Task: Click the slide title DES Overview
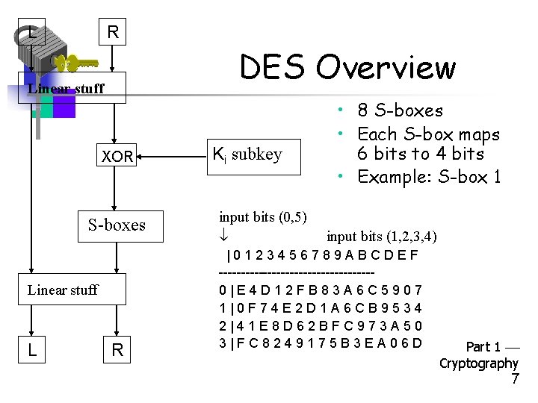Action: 347,67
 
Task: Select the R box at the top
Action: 112,32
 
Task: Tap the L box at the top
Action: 31,32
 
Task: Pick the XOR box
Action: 117,157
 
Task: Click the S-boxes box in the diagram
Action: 117,225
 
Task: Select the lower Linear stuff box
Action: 63,290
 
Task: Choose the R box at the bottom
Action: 117,349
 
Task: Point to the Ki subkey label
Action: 247,154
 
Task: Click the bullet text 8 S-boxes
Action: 400,110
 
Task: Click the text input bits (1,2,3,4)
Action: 382,237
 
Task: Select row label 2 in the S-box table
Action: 223,326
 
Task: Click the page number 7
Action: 514,379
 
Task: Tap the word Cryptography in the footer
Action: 478,363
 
